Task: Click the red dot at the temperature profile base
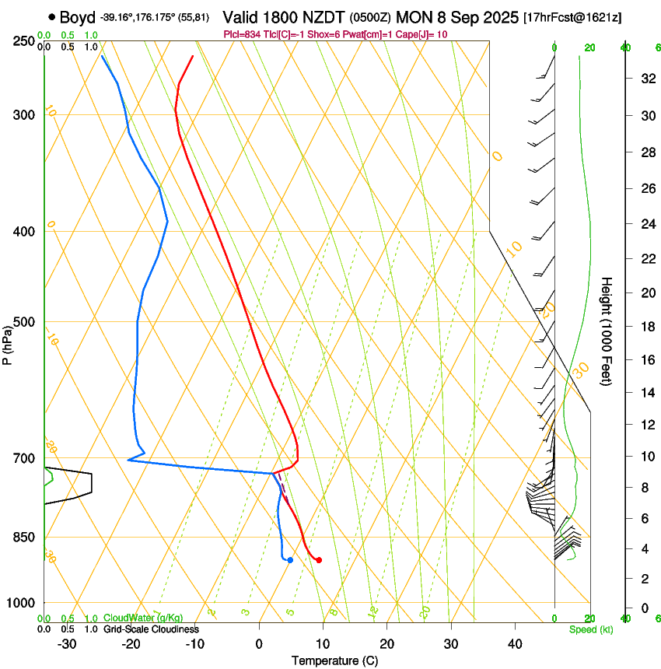pyautogui.click(x=319, y=559)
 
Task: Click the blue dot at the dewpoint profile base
pyautogui.click(x=290, y=559)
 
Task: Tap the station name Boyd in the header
pyautogui.click(x=79, y=16)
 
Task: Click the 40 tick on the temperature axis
pyautogui.click(x=514, y=643)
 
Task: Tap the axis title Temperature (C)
pyautogui.click(x=334, y=660)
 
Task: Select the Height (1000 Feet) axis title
pyautogui.click(x=607, y=331)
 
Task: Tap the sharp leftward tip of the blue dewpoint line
pyautogui.click(x=128, y=460)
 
